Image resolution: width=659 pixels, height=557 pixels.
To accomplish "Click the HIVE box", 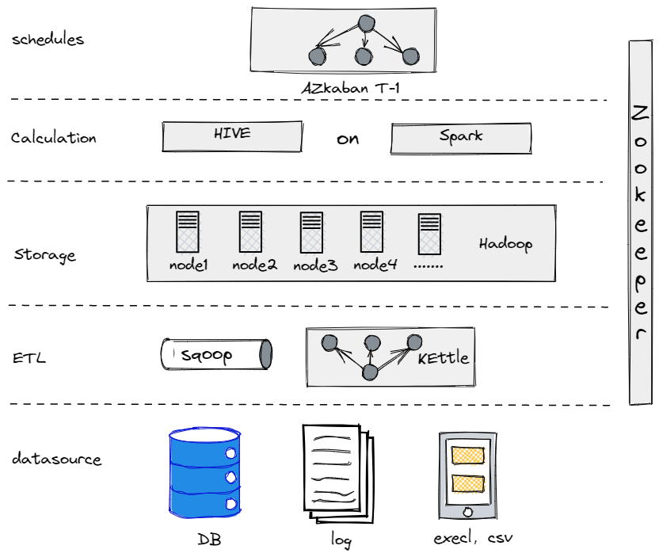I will [232, 136].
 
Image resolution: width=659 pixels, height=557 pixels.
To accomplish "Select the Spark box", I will [460, 138].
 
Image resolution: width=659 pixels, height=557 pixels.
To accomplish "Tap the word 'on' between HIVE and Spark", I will [347, 139].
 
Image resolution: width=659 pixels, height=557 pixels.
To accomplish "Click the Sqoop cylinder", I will [216, 354].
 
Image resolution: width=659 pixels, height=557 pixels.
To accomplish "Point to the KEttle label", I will [443, 358].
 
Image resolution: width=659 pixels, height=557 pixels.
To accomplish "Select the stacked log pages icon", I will [336, 473].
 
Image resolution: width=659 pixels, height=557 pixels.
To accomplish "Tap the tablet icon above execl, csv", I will [467, 475].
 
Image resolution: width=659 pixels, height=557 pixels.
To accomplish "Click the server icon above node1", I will [187, 232].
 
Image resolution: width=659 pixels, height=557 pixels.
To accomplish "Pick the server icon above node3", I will [311, 232].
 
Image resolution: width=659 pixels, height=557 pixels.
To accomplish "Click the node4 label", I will [375, 265].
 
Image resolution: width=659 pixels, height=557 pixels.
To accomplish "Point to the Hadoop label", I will [505, 243].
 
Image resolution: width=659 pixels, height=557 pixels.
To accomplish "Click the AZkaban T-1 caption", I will [349, 88].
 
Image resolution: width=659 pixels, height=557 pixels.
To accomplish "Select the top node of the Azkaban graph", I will [365, 24].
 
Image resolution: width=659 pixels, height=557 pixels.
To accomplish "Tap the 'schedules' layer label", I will [48, 40].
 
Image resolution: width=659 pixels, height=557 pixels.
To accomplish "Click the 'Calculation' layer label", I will [53, 138].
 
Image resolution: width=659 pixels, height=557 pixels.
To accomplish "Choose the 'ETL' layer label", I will [29, 358].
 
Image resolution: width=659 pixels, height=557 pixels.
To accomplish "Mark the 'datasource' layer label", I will [56, 460].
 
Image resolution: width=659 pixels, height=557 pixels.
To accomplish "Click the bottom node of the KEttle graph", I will [368, 372].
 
